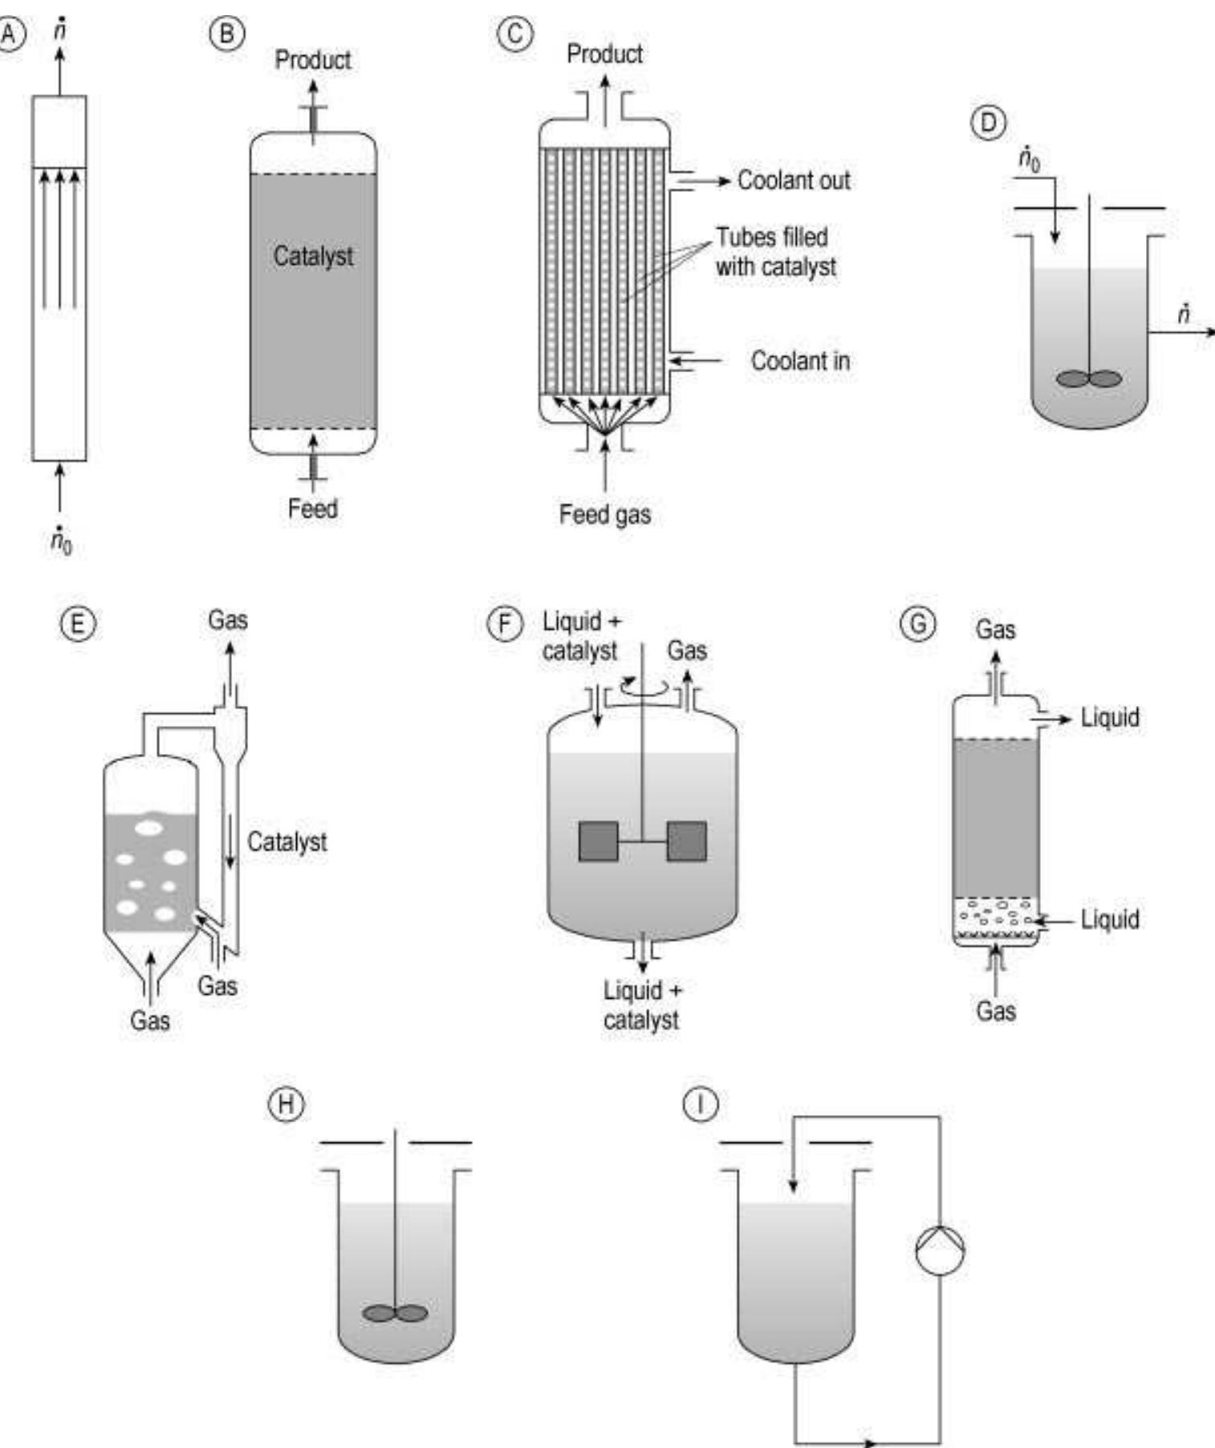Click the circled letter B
227,34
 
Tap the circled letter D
989,123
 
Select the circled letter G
918,623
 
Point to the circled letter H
286,1105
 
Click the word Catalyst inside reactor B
313,256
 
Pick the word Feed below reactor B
313,509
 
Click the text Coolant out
794,180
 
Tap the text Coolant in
800,361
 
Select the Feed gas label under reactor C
605,514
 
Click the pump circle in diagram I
940,1250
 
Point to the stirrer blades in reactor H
395,1313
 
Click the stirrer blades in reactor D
1089,379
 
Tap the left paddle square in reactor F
599,842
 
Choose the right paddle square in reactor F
687,842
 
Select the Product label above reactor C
604,54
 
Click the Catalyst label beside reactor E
286,842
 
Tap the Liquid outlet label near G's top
1110,717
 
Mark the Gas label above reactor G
995,630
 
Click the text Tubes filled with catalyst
775,252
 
